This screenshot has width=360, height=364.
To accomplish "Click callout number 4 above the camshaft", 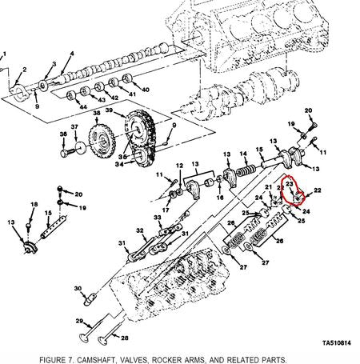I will coord(72,54).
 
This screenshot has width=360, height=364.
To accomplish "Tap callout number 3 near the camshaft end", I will coord(54,64).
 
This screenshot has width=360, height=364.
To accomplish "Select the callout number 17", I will coord(165,210).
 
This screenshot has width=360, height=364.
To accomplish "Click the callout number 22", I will coord(318,190).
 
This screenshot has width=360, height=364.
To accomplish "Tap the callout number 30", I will coord(78,288).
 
